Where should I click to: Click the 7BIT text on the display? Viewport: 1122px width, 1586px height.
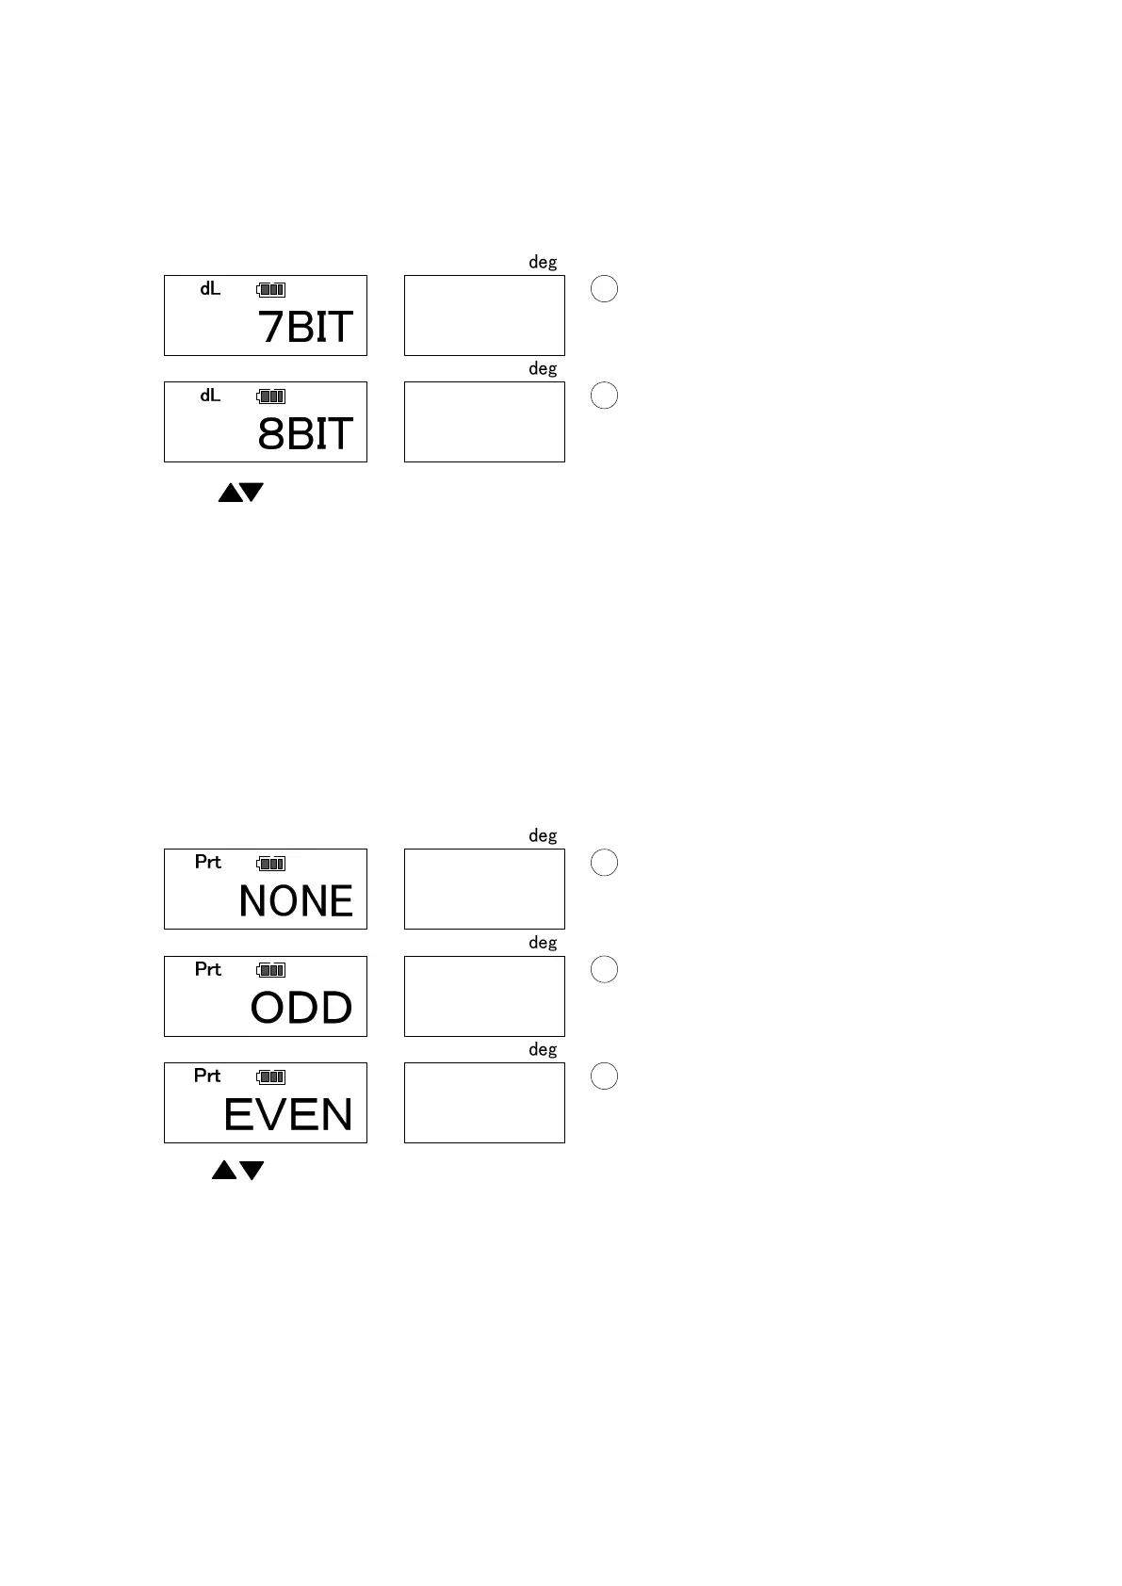pyautogui.click(x=305, y=327)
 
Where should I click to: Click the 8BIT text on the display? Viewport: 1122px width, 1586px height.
pyautogui.click(x=305, y=433)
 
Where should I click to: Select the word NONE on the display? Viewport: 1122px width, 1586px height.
pyautogui.click(x=296, y=901)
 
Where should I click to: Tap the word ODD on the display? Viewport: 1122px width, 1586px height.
pyautogui.click(x=301, y=1008)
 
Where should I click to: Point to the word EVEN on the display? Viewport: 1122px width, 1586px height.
pyautogui.click(x=288, y=1115)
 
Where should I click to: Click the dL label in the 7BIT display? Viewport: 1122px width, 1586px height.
pyautogui.click(x=210, y=289)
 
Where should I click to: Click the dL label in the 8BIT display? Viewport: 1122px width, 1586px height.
pyautogui.click(x=210, y=396)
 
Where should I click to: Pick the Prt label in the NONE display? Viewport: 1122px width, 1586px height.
pyautogui.click(x=208, y=862)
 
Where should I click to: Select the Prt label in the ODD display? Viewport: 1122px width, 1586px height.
pyautogui.click(x=208, y=969)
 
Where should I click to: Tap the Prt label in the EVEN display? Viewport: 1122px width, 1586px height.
pyautogui.click(x=207, y=1076)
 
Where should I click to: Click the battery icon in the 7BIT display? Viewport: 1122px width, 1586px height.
pyautogui.click(x=271, y=290)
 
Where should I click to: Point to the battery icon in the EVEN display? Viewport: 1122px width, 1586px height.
pyautogui.click(x=271, y=1076)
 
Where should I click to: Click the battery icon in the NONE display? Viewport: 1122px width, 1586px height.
pyautogui.click(x=271, y=863)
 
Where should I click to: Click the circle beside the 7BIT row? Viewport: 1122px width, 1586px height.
pyautogui.click(x=604, y=288)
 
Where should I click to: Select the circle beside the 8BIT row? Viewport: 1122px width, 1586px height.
pyautogui.click(x=604, y=395)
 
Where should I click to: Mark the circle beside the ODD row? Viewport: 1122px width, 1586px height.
pyautogui.click(x=604, y=969)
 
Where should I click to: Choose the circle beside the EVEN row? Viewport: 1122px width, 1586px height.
pyautogui.click(x=604, y=1076)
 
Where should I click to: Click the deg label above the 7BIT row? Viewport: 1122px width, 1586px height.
pyautogui.click(x=543, y=263)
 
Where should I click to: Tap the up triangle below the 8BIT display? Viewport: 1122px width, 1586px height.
pyautogui.click(x=229, y=493)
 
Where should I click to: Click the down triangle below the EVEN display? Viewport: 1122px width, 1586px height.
pyautogui.click(x=252, y=1170)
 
